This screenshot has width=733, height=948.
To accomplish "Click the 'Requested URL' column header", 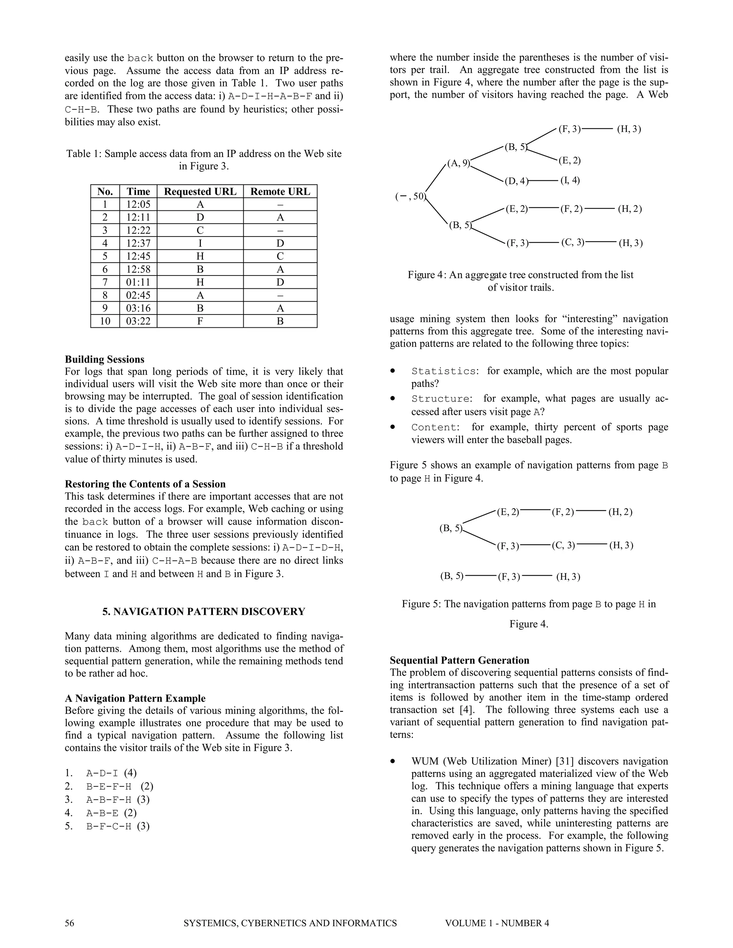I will pyautogui.click(x=200, y=191).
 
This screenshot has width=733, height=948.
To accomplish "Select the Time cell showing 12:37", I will pyautogui.click(x=138, y=243).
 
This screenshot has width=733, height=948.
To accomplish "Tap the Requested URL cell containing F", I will pyautogui.click(x=200, y=321).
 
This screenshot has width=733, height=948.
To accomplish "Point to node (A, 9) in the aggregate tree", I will pyautogui.click(x=459, y=163).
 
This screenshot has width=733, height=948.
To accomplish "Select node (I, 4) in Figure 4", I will pyautogui.click(x=570, y=181).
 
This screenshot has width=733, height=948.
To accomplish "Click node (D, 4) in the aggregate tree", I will pyautogui.click(x=516, y=181).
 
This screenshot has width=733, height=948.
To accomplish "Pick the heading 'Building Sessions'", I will pyautogui.click(x=104, y=360).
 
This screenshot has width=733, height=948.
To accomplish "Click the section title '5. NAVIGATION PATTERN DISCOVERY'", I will pyautogui.click(x=204, y=612).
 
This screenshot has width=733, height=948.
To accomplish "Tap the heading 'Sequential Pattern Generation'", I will pyautogui.click(x=460, y=660).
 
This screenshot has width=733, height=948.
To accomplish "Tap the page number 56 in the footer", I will pyautogui.click(x=69, y=923).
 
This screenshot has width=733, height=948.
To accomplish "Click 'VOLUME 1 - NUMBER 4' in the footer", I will pyautogui.click(x=497, y=923).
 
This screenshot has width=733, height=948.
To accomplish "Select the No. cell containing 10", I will pyautogui.click(x=105, y=321).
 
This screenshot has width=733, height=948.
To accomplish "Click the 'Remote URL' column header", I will pyautogui.click(x=280, y=191).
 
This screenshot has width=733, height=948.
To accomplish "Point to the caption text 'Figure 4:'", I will pyautogui.click(x=427, y=275).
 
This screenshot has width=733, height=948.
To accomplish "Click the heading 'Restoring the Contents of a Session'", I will pyautogui.click(x=145, y=484).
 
